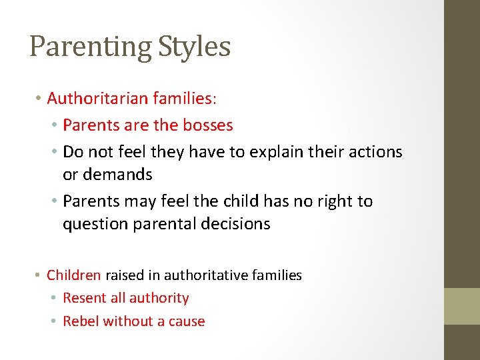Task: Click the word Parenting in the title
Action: click(91, 47)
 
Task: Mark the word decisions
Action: click(238, 224)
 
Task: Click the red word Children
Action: click(73, 275)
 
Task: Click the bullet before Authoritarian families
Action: click(39, 99)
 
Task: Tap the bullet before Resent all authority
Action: click(55, 298)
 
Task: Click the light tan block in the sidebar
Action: click(462, 306)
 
